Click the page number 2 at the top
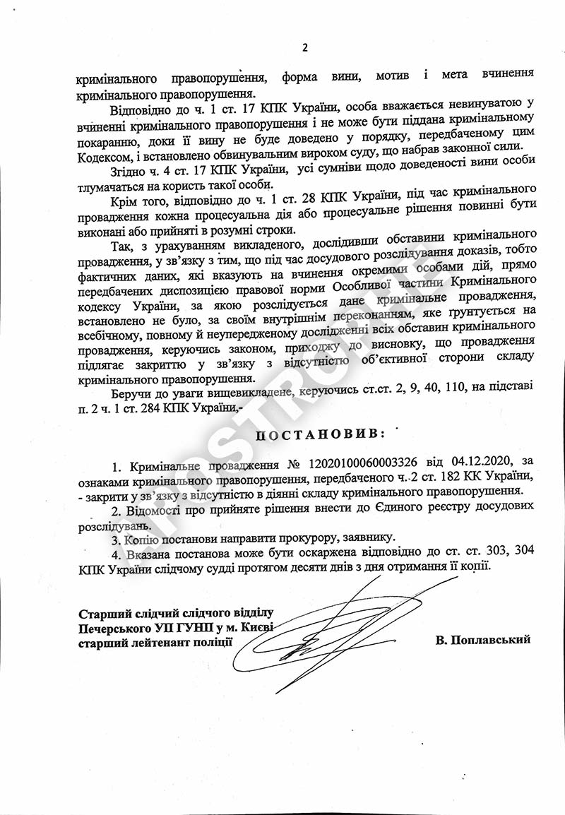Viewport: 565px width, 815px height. click(305, 48)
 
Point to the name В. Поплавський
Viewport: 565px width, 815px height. click(483, 640)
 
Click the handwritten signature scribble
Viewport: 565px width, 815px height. click(332, 632)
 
